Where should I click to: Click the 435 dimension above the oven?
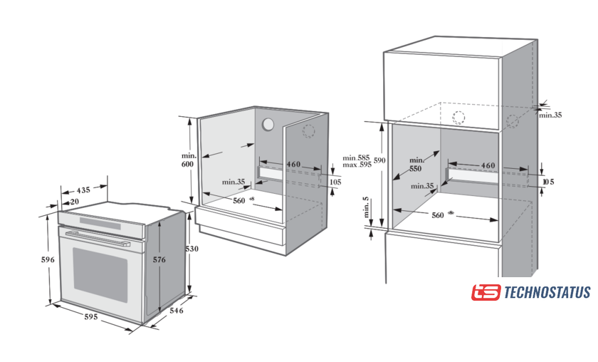[x=83, y=190]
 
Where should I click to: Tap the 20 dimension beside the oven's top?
[x=75, y=202]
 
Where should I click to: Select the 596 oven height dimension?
[x=48, y=260]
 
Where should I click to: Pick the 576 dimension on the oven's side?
[x=159, y=260]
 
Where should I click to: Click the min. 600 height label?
[x=188, y=160]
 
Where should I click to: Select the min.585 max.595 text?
[x=357, y=162]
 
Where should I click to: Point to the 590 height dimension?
[x=380, y=161]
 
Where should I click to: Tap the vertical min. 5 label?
[x=366, y=209]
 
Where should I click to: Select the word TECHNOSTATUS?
[x=547, y=293]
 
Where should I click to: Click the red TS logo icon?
[x=486, y=293]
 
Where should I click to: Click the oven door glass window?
[x=100, y=274]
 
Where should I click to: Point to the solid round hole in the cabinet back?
[x=268, y=124]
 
